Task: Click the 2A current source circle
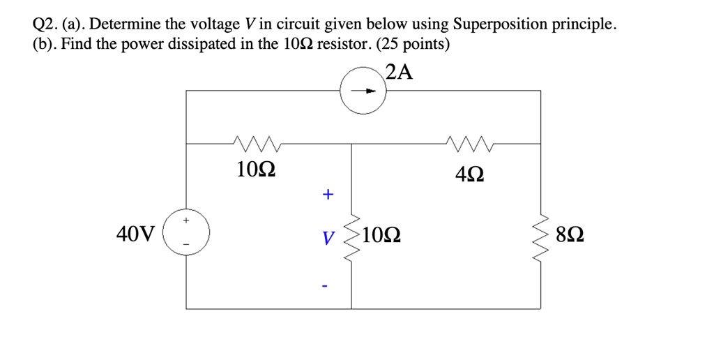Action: pos(363,91)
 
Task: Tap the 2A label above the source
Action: pos(398,72)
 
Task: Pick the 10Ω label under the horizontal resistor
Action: pos(255,170)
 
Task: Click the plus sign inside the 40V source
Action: pos(185,220)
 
